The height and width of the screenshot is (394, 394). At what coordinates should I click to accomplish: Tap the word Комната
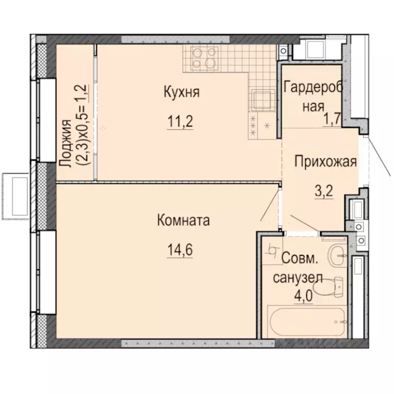183,221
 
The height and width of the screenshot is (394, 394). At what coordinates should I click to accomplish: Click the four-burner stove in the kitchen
204,58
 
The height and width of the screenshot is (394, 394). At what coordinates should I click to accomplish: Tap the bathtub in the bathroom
302,322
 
